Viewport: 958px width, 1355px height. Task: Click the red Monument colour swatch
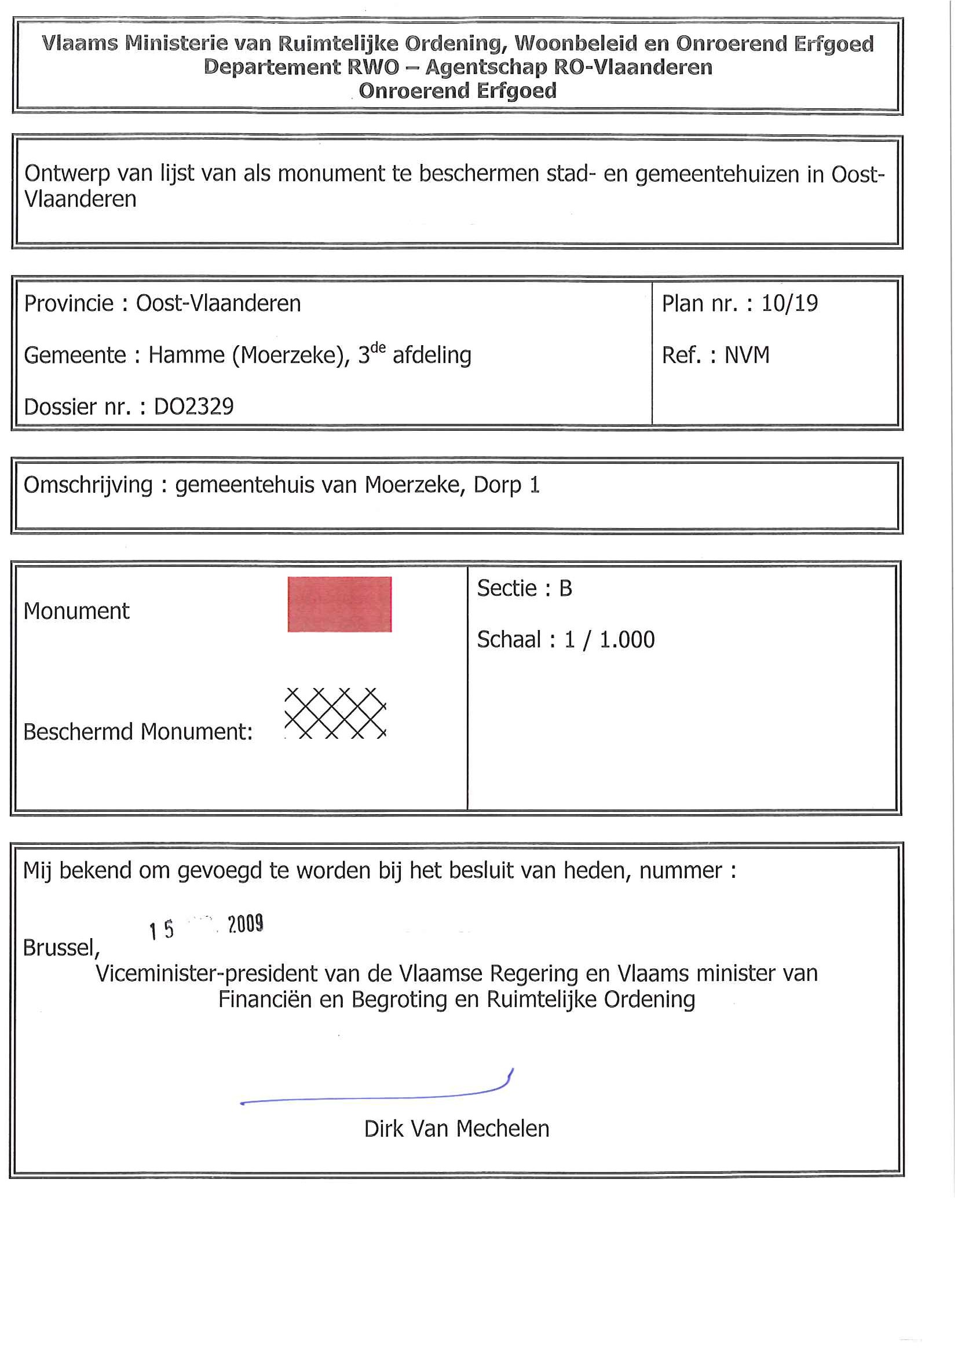(x=339, y=605)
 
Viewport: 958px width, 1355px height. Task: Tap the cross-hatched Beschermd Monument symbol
(x=335, y=713)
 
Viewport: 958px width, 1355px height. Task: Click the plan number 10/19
(x=789, y=303)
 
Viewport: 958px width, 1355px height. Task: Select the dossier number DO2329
(x=193, y=407)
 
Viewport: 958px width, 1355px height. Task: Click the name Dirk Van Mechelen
(x=456, y=1129)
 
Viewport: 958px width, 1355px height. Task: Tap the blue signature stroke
(x=378, y=1097)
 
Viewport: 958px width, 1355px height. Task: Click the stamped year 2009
(x=246, y=924)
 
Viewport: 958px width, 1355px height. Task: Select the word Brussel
(x=60, y=948)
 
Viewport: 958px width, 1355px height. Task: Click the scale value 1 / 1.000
(x=609, y=640)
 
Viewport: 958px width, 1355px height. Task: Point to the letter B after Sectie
(x=565, y=588)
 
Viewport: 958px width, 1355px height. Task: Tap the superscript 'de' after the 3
(x=378, y=347)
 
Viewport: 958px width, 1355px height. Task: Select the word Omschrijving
(x=88, y=485)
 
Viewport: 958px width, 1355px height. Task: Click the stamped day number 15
(x=161, y=930)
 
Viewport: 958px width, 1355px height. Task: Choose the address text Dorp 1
(x=506, y=485)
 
